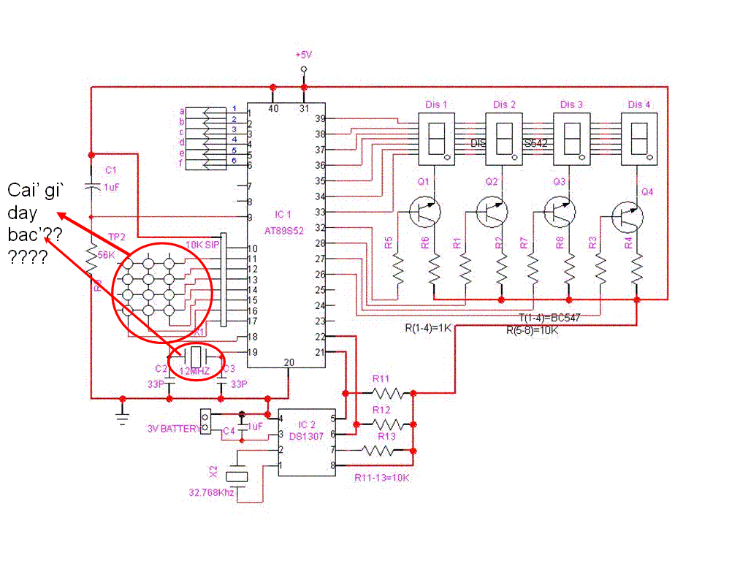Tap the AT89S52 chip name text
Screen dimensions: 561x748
pyautogui.click(x=284, y=227)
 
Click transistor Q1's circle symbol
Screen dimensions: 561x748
pyautogui.click(x=424, y=212)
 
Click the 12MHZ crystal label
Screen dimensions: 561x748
pyautogui.click(x=194, y=372)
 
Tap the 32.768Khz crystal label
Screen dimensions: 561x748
pyautogui.click(x=211, y=493)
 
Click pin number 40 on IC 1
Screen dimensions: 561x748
pyautogui.click(x=273, y=109)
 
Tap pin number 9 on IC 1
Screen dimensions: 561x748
pyautogui.click(x=250, y=218)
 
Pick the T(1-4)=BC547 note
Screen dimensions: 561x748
pyautogui.click(x=549, y=318)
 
